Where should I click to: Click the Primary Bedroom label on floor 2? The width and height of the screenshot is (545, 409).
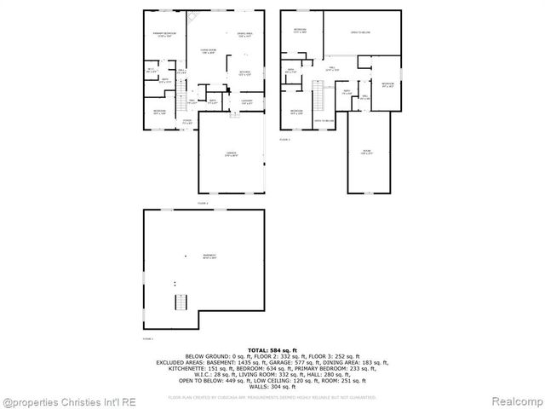tap(164, 36)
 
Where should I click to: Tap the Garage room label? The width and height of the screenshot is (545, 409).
tap(231, 154)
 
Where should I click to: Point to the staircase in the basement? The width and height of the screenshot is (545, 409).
tap(180, 302)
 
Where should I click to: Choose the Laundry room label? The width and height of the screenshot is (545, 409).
tap(246, 102)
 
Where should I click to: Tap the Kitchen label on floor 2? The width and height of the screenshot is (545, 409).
tap(244, 73)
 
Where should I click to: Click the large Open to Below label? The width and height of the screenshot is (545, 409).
tap(360, 33)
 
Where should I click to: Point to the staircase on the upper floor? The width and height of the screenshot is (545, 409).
tap(320, 97)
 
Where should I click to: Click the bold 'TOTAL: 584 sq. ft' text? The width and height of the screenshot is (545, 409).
tap(272, 350)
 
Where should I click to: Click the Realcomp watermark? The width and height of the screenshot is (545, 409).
tap(514, 400)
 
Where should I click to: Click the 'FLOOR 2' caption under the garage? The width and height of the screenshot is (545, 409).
tap(203, 204)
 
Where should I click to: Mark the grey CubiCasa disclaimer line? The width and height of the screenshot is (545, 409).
tap(272, 396)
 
